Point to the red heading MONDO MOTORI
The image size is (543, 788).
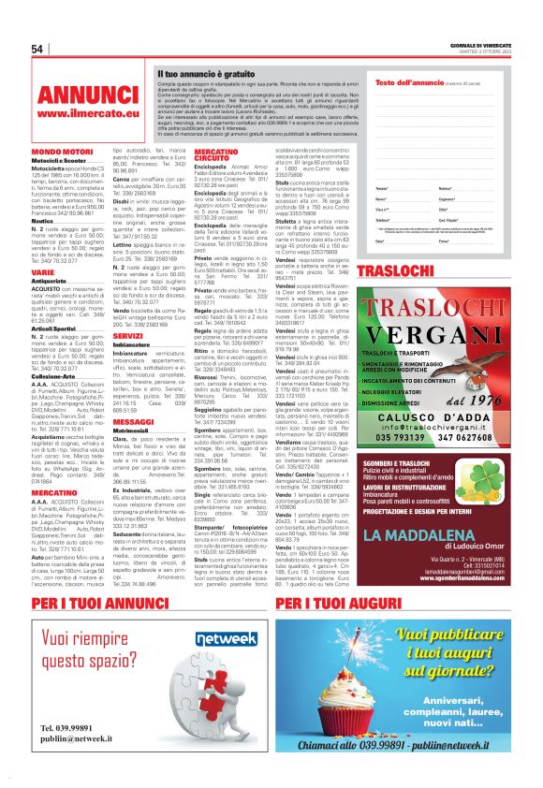61,151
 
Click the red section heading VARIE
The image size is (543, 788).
43,272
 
